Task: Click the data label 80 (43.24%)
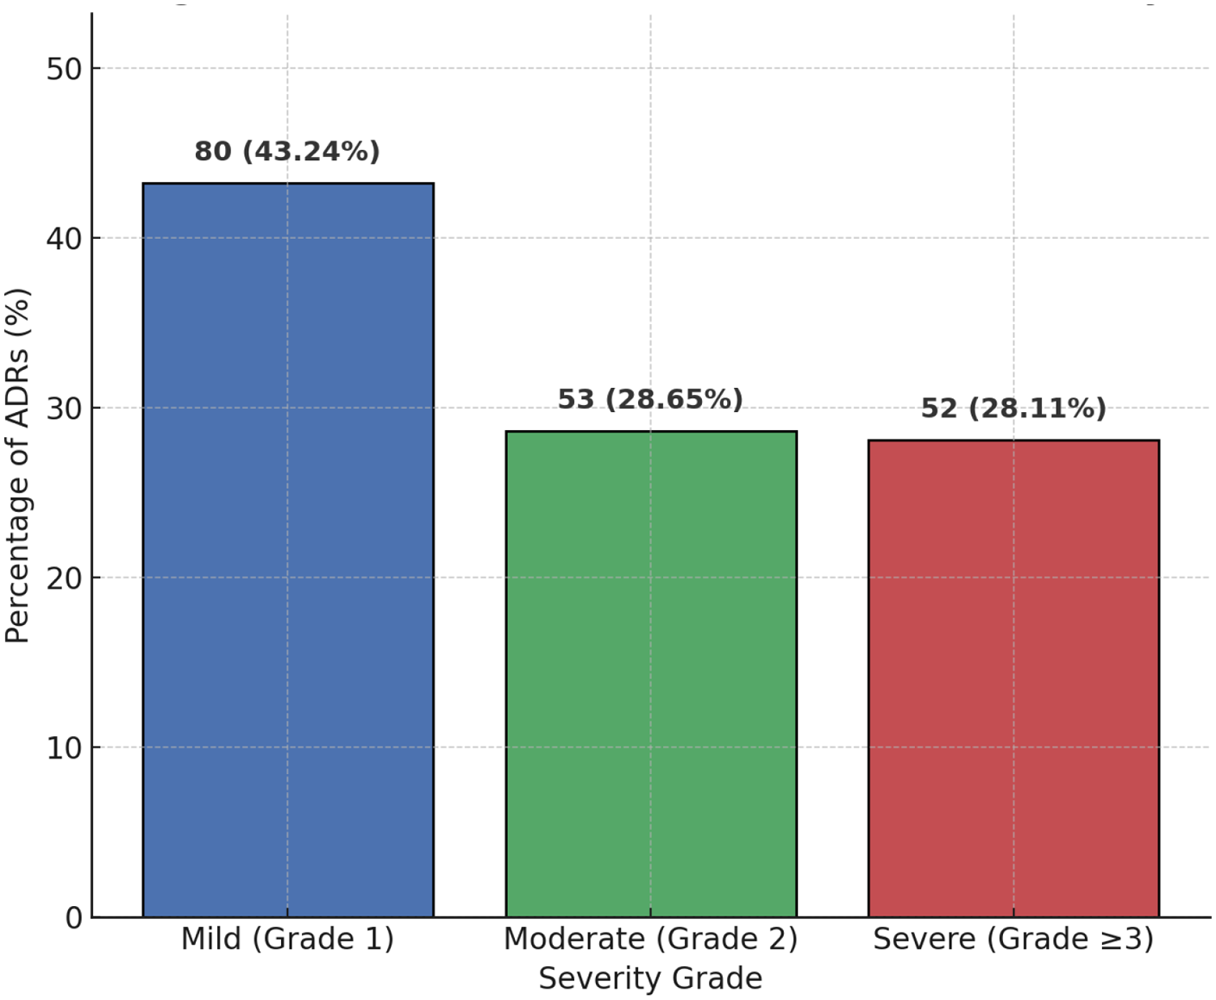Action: point(287,152)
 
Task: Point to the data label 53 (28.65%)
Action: point(650,399)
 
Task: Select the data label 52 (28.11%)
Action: point(1013,408)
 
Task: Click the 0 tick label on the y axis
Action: point(74,918)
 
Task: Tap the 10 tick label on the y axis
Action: point(64,748)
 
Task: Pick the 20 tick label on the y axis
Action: point(64,578)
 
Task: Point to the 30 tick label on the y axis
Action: point(64,409)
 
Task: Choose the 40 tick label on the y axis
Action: point(64,239)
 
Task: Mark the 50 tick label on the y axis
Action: point(64,69)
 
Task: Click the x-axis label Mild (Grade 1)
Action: point(287,939)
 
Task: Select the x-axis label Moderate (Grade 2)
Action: point(650,939)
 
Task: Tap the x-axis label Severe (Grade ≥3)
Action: point(1013,939)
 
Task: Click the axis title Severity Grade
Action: point(650,979)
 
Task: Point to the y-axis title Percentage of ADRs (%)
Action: point(17,466)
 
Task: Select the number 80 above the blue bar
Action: point(213,152)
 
